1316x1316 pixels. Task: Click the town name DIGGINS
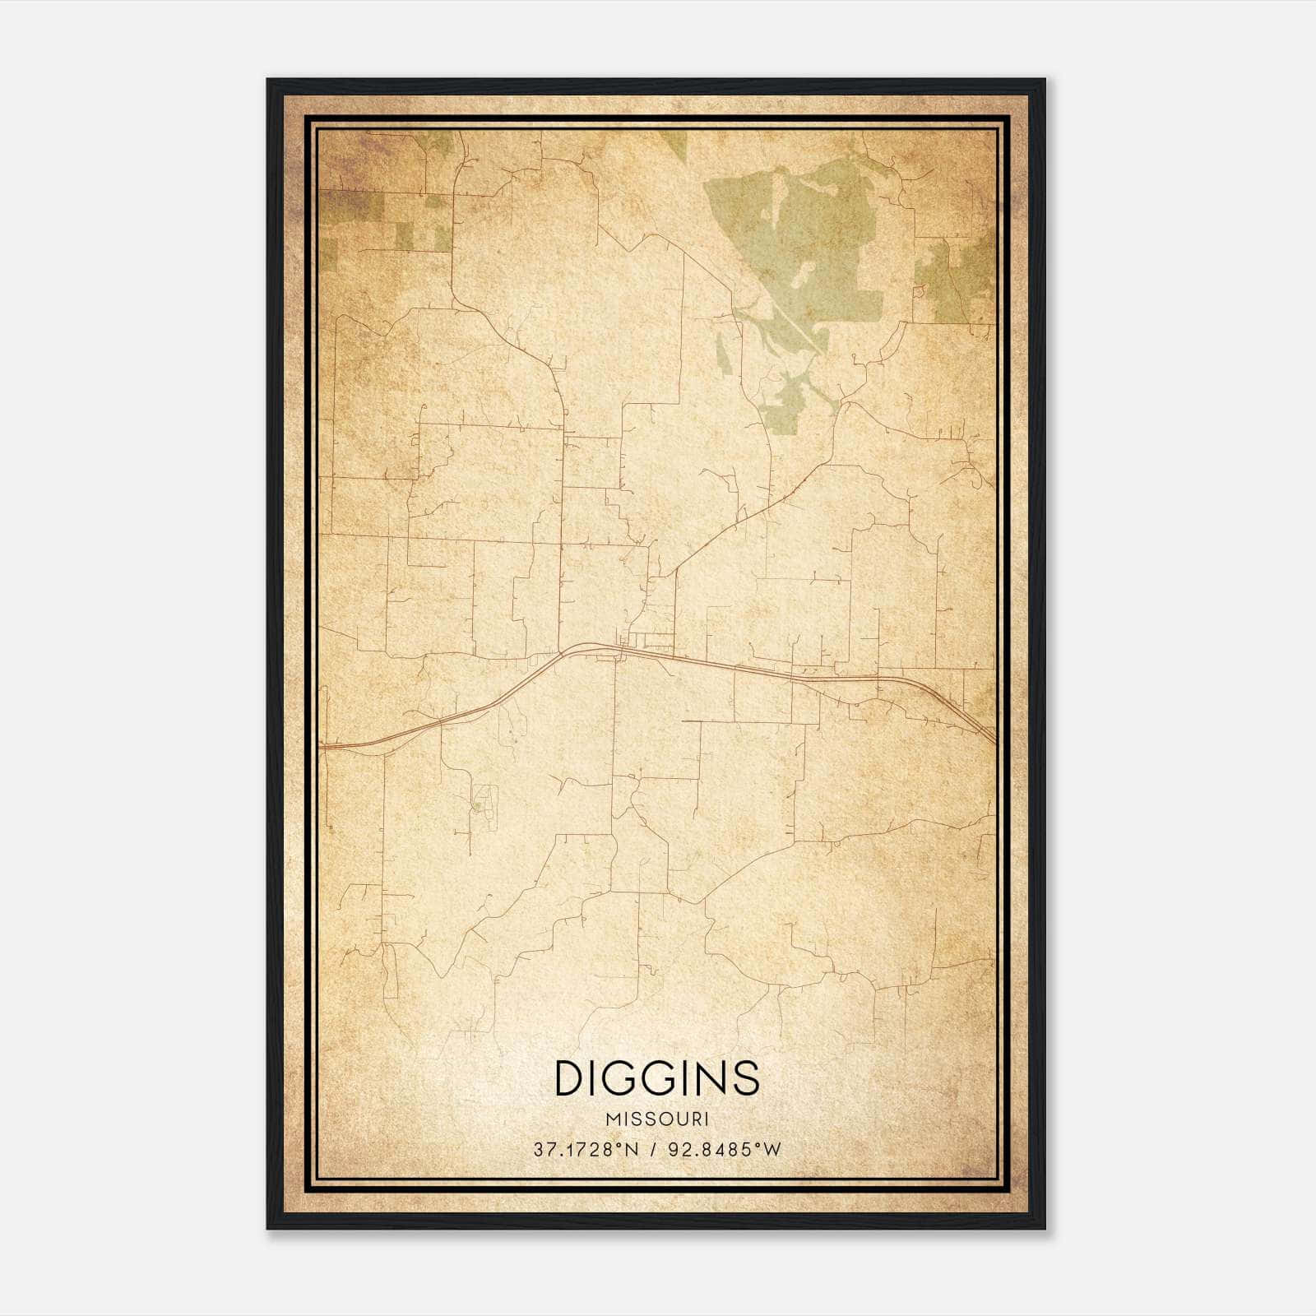[657, 1078]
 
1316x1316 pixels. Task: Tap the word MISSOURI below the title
[657, 1119]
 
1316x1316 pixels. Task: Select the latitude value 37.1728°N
[586, 1150]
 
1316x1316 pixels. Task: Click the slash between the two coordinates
[653, 1150]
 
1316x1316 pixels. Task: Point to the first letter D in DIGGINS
[569, 1078]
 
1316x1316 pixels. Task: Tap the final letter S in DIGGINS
[745, 1078]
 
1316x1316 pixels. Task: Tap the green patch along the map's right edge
[958, 280]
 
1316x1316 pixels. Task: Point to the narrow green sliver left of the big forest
[722, 354]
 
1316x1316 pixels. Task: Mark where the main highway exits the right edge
[993, 739]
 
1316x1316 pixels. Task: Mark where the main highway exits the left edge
[323, 747]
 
